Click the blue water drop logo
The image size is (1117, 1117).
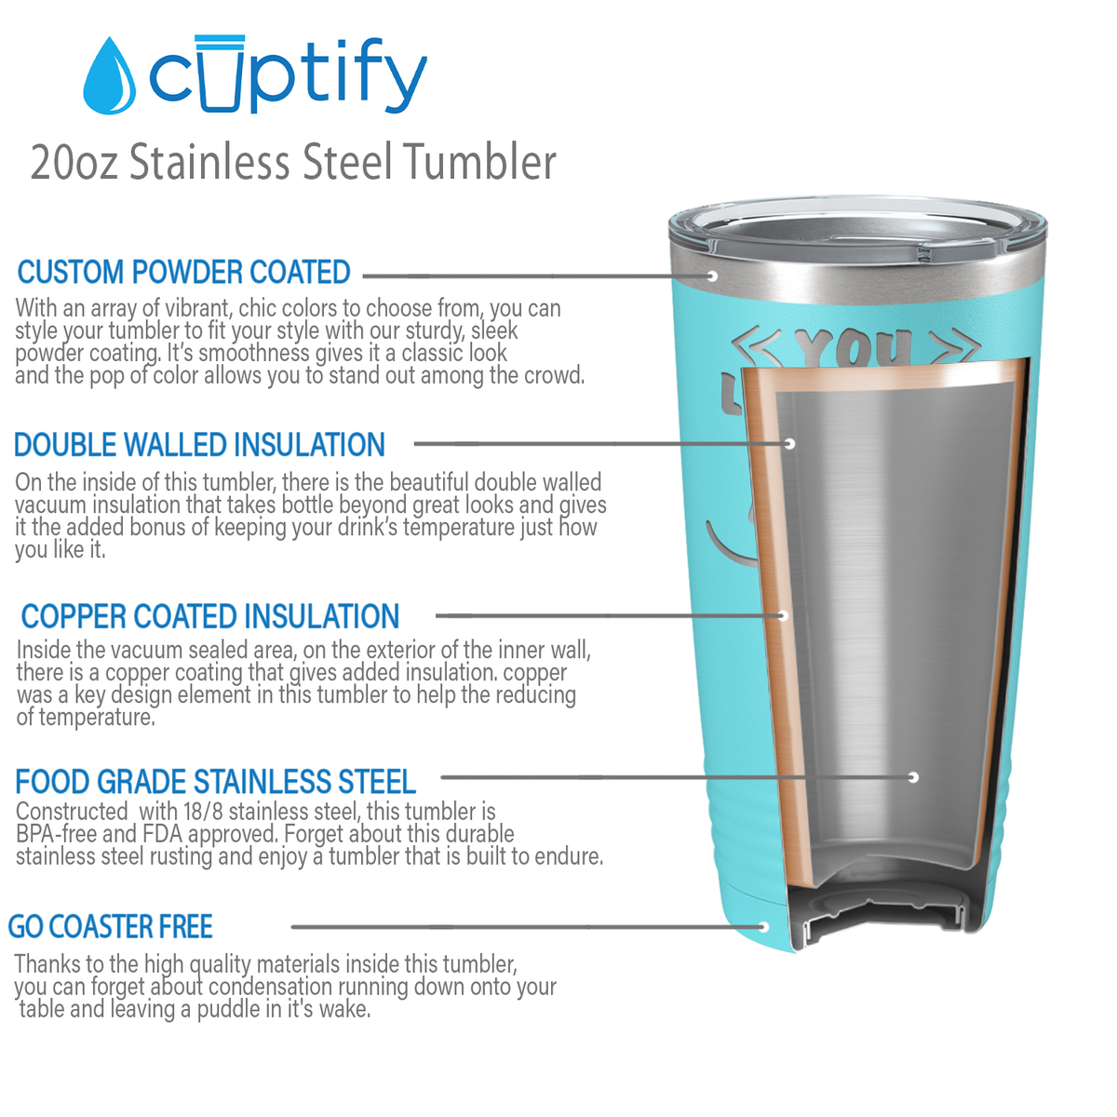click(x=110, y=77)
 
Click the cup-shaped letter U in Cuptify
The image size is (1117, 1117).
click(x=221, y=73)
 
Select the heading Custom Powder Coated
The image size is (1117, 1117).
click(x=183, y=272)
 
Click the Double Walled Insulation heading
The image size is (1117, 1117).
click(x=199, y=445)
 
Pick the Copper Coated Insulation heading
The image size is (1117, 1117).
click(x=210, y=616)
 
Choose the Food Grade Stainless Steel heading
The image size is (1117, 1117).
click(x=215, y=782)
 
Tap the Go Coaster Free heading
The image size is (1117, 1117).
click(x=111, y=927)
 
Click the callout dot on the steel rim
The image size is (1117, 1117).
click(x=712, y=276)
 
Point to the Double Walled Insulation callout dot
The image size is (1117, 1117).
click(x=789, y=443)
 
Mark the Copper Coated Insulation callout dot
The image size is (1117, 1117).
click(x=783, y=615)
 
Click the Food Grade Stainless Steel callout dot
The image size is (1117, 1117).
click(x=913, y=776)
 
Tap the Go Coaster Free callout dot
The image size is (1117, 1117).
click(x=763, y=927)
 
